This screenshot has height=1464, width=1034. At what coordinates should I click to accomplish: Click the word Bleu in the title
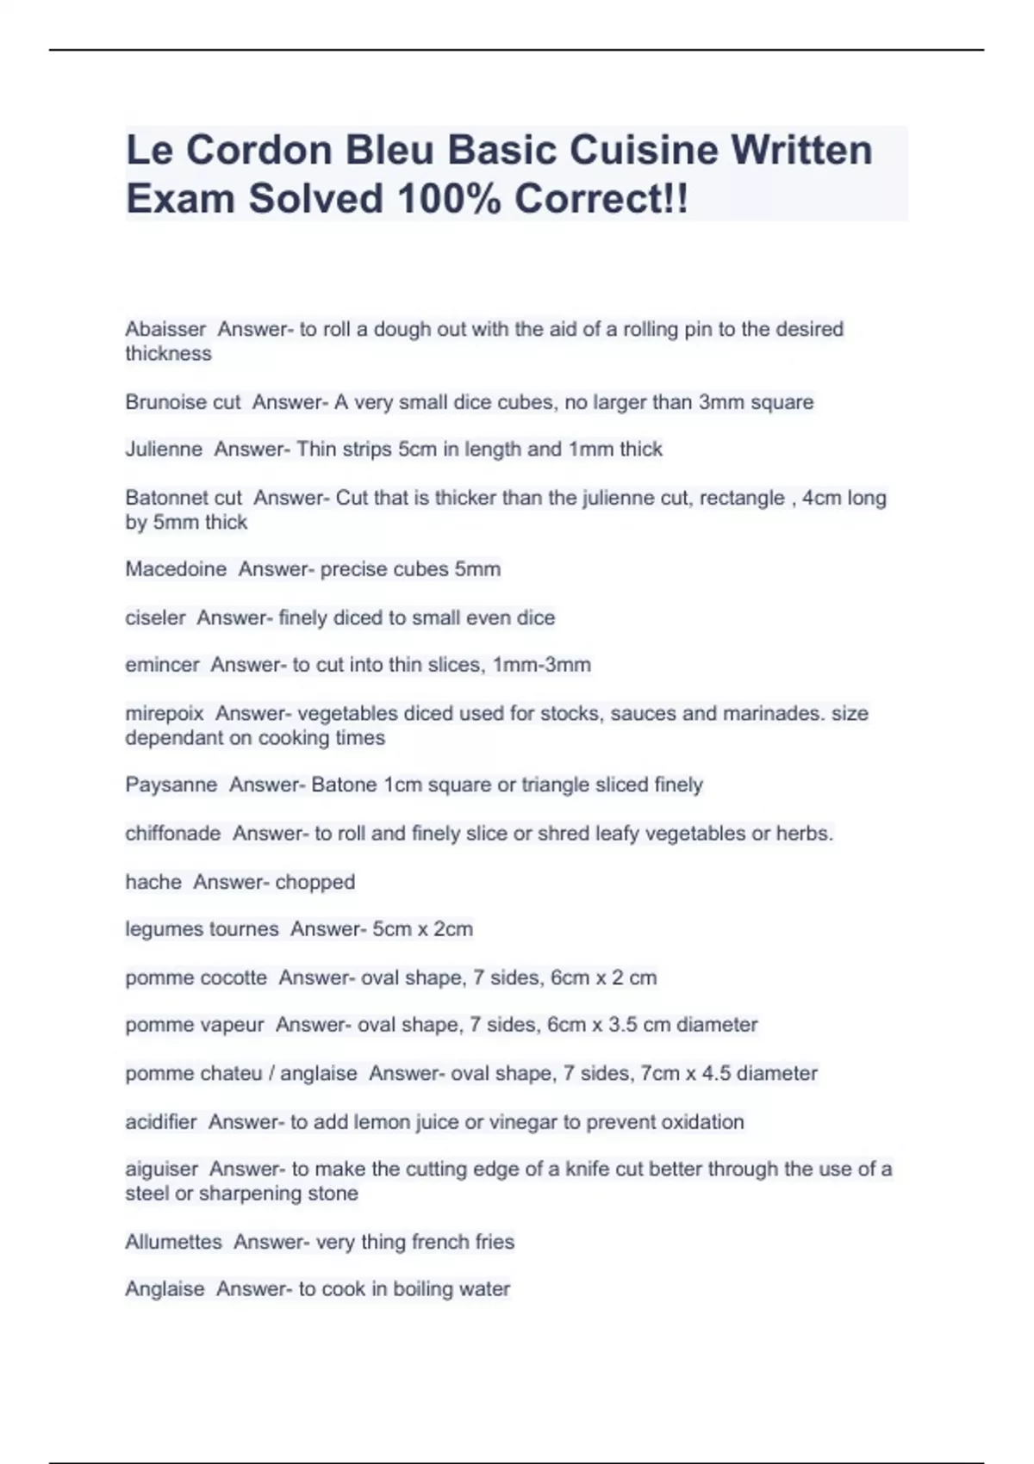(x=389, y=150)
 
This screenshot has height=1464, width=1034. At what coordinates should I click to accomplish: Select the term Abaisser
(x=165, y=329)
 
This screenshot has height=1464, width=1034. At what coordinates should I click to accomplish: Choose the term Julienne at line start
(x=164, y=449)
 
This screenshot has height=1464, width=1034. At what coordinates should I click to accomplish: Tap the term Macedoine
(x=176, y=569)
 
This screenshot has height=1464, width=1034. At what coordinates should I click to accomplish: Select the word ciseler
(x=155, y=617)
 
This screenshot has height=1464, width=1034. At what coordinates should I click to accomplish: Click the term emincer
(x=162, y=665)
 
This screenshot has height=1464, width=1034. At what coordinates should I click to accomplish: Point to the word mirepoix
(x=165, y=713)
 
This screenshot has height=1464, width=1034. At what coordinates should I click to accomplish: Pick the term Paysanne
(x=171, y=785)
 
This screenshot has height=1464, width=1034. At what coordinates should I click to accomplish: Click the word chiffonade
(x=172, y=834)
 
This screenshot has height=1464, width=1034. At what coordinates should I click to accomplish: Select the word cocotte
(x=233, y=977)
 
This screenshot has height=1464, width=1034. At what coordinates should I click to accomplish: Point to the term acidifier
(x=161, y=1122)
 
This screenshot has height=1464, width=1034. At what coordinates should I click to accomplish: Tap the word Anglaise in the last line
(x=165, y=1289)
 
